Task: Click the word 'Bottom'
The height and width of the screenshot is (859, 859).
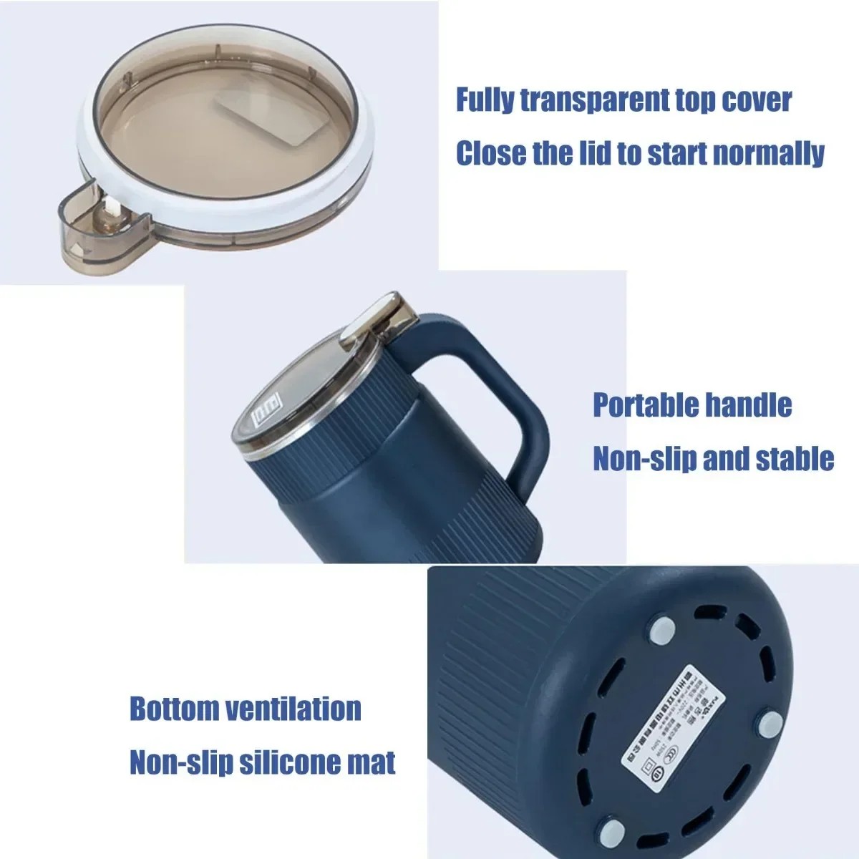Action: [x=174, y=709]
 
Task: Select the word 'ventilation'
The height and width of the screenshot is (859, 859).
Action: [x=293, y=709]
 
